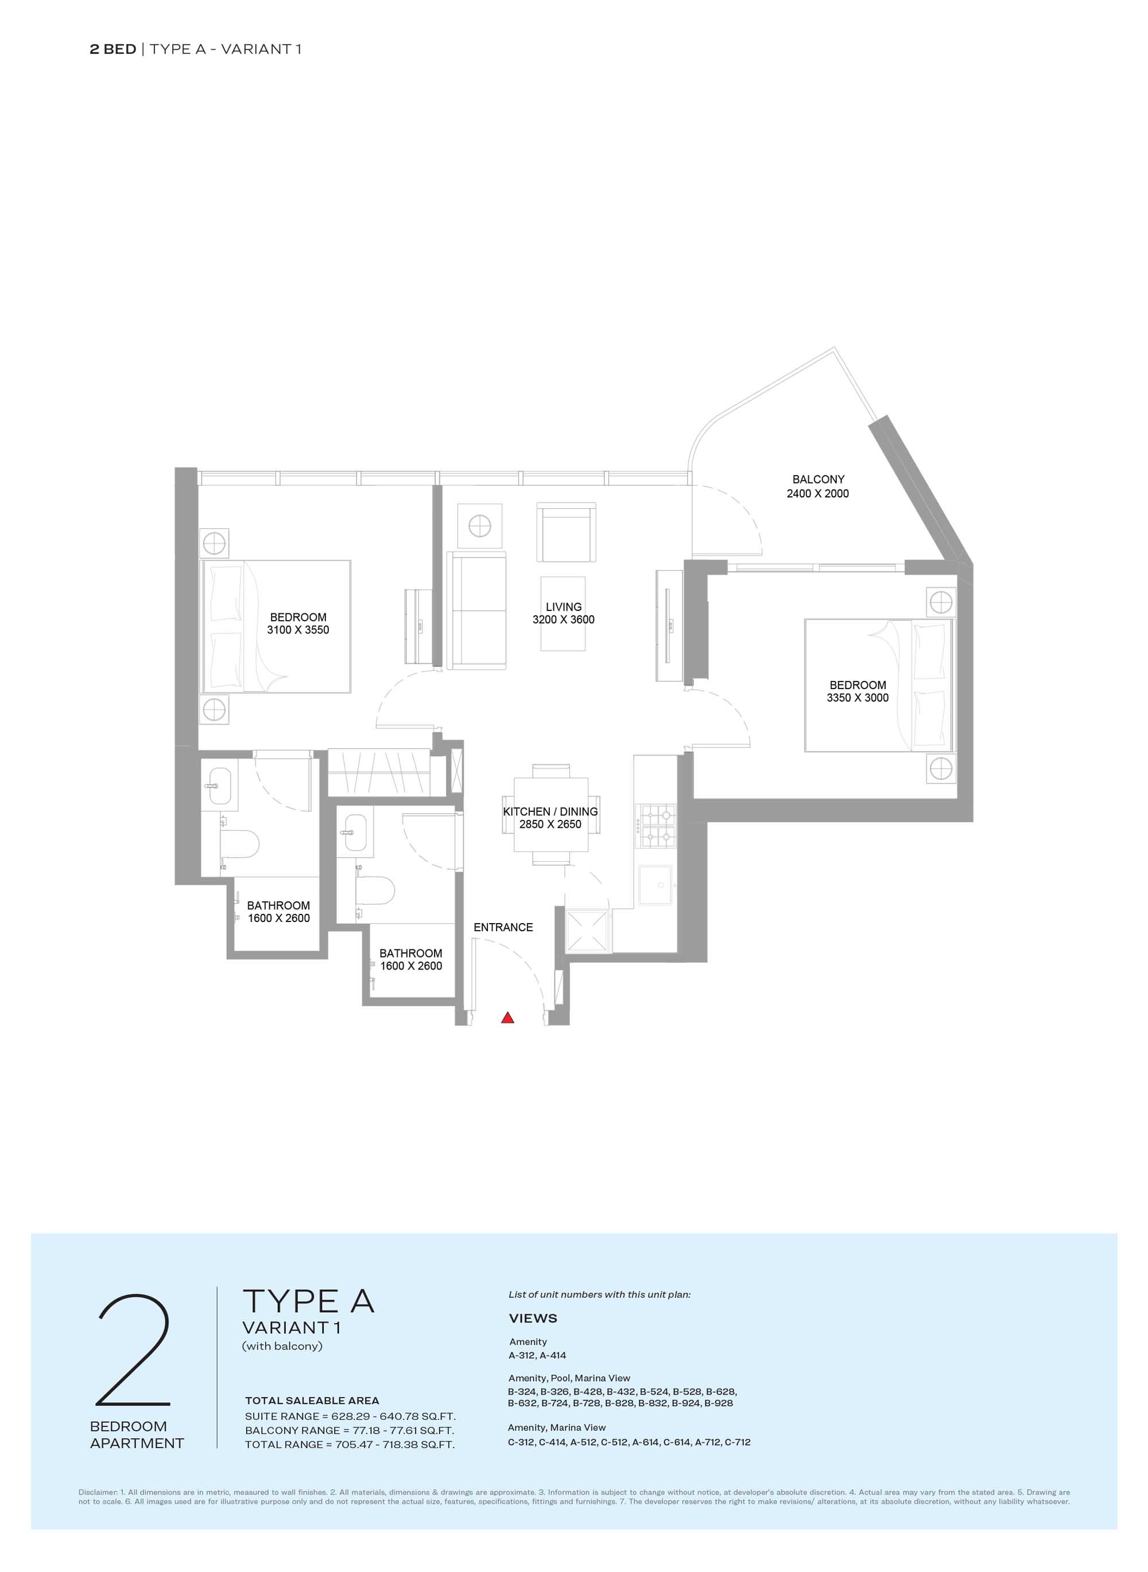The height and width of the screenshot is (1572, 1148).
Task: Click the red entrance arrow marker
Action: pyautogui.click(x=508, y=1018)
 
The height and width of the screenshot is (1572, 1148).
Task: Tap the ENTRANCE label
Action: pyautogui.click(x=503, y=927)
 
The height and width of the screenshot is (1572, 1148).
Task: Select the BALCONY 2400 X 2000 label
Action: pyautogui.click(x=818, y=487)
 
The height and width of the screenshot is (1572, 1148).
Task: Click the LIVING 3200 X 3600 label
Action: pyautogui.click(x=564, y=613)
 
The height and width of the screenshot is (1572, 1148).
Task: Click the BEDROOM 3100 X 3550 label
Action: pyautogui.click(x=298, y=624)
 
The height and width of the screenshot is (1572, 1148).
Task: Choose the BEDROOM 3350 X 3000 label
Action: pyautogui.click(x=858, y=691)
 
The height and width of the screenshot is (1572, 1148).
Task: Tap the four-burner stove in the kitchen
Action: pyautogui.click(x=657, y=826)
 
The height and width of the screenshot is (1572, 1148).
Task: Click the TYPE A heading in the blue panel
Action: pyautogui.click(x=309, y=1301)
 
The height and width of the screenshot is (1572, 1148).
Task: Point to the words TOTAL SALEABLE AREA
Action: pyautogui.click(x=312, y=1400)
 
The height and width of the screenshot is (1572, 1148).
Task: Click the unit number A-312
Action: pyautogui.click(x=522, y=1355)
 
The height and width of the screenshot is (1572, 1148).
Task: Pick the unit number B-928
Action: pyautogui.click(x=719, y=1403)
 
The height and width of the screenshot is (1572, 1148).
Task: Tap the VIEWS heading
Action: pyautogui.click(x=533, y=1318)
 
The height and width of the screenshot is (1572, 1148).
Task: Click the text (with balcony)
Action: pyautogui.click(x=282, y=1345)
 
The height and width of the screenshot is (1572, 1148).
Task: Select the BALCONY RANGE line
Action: pyautogui.click(x=350, y=1430)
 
